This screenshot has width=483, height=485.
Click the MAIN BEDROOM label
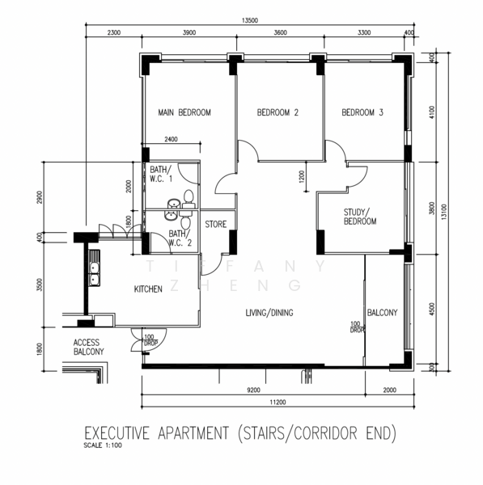point(184,113)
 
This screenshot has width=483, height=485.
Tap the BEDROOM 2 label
point(278,113)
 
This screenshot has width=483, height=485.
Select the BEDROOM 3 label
point(362,113)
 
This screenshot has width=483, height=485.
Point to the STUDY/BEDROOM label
point(359,216)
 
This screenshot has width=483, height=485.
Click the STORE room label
point(215,224)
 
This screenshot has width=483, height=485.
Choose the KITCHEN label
point(148,289)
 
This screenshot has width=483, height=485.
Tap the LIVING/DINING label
point(269,312)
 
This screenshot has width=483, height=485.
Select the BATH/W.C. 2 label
point(180,238)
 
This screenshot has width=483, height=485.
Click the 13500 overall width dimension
point(249,22)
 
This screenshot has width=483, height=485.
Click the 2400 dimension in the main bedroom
point(172,140)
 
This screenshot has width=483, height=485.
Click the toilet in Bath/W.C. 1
point(189,196)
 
